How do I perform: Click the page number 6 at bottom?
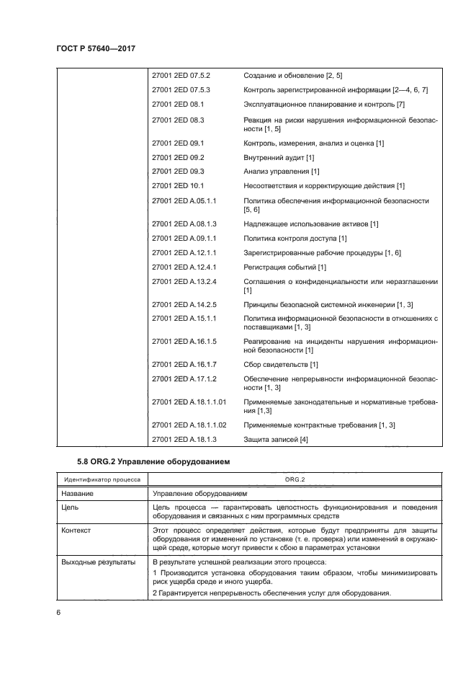(x=58, y=613)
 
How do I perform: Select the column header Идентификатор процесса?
(x=102, y=479)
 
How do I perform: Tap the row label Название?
(x=78, y=494)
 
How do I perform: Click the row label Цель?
(x=71, y=508)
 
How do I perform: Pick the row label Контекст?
(x=77, y=530)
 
